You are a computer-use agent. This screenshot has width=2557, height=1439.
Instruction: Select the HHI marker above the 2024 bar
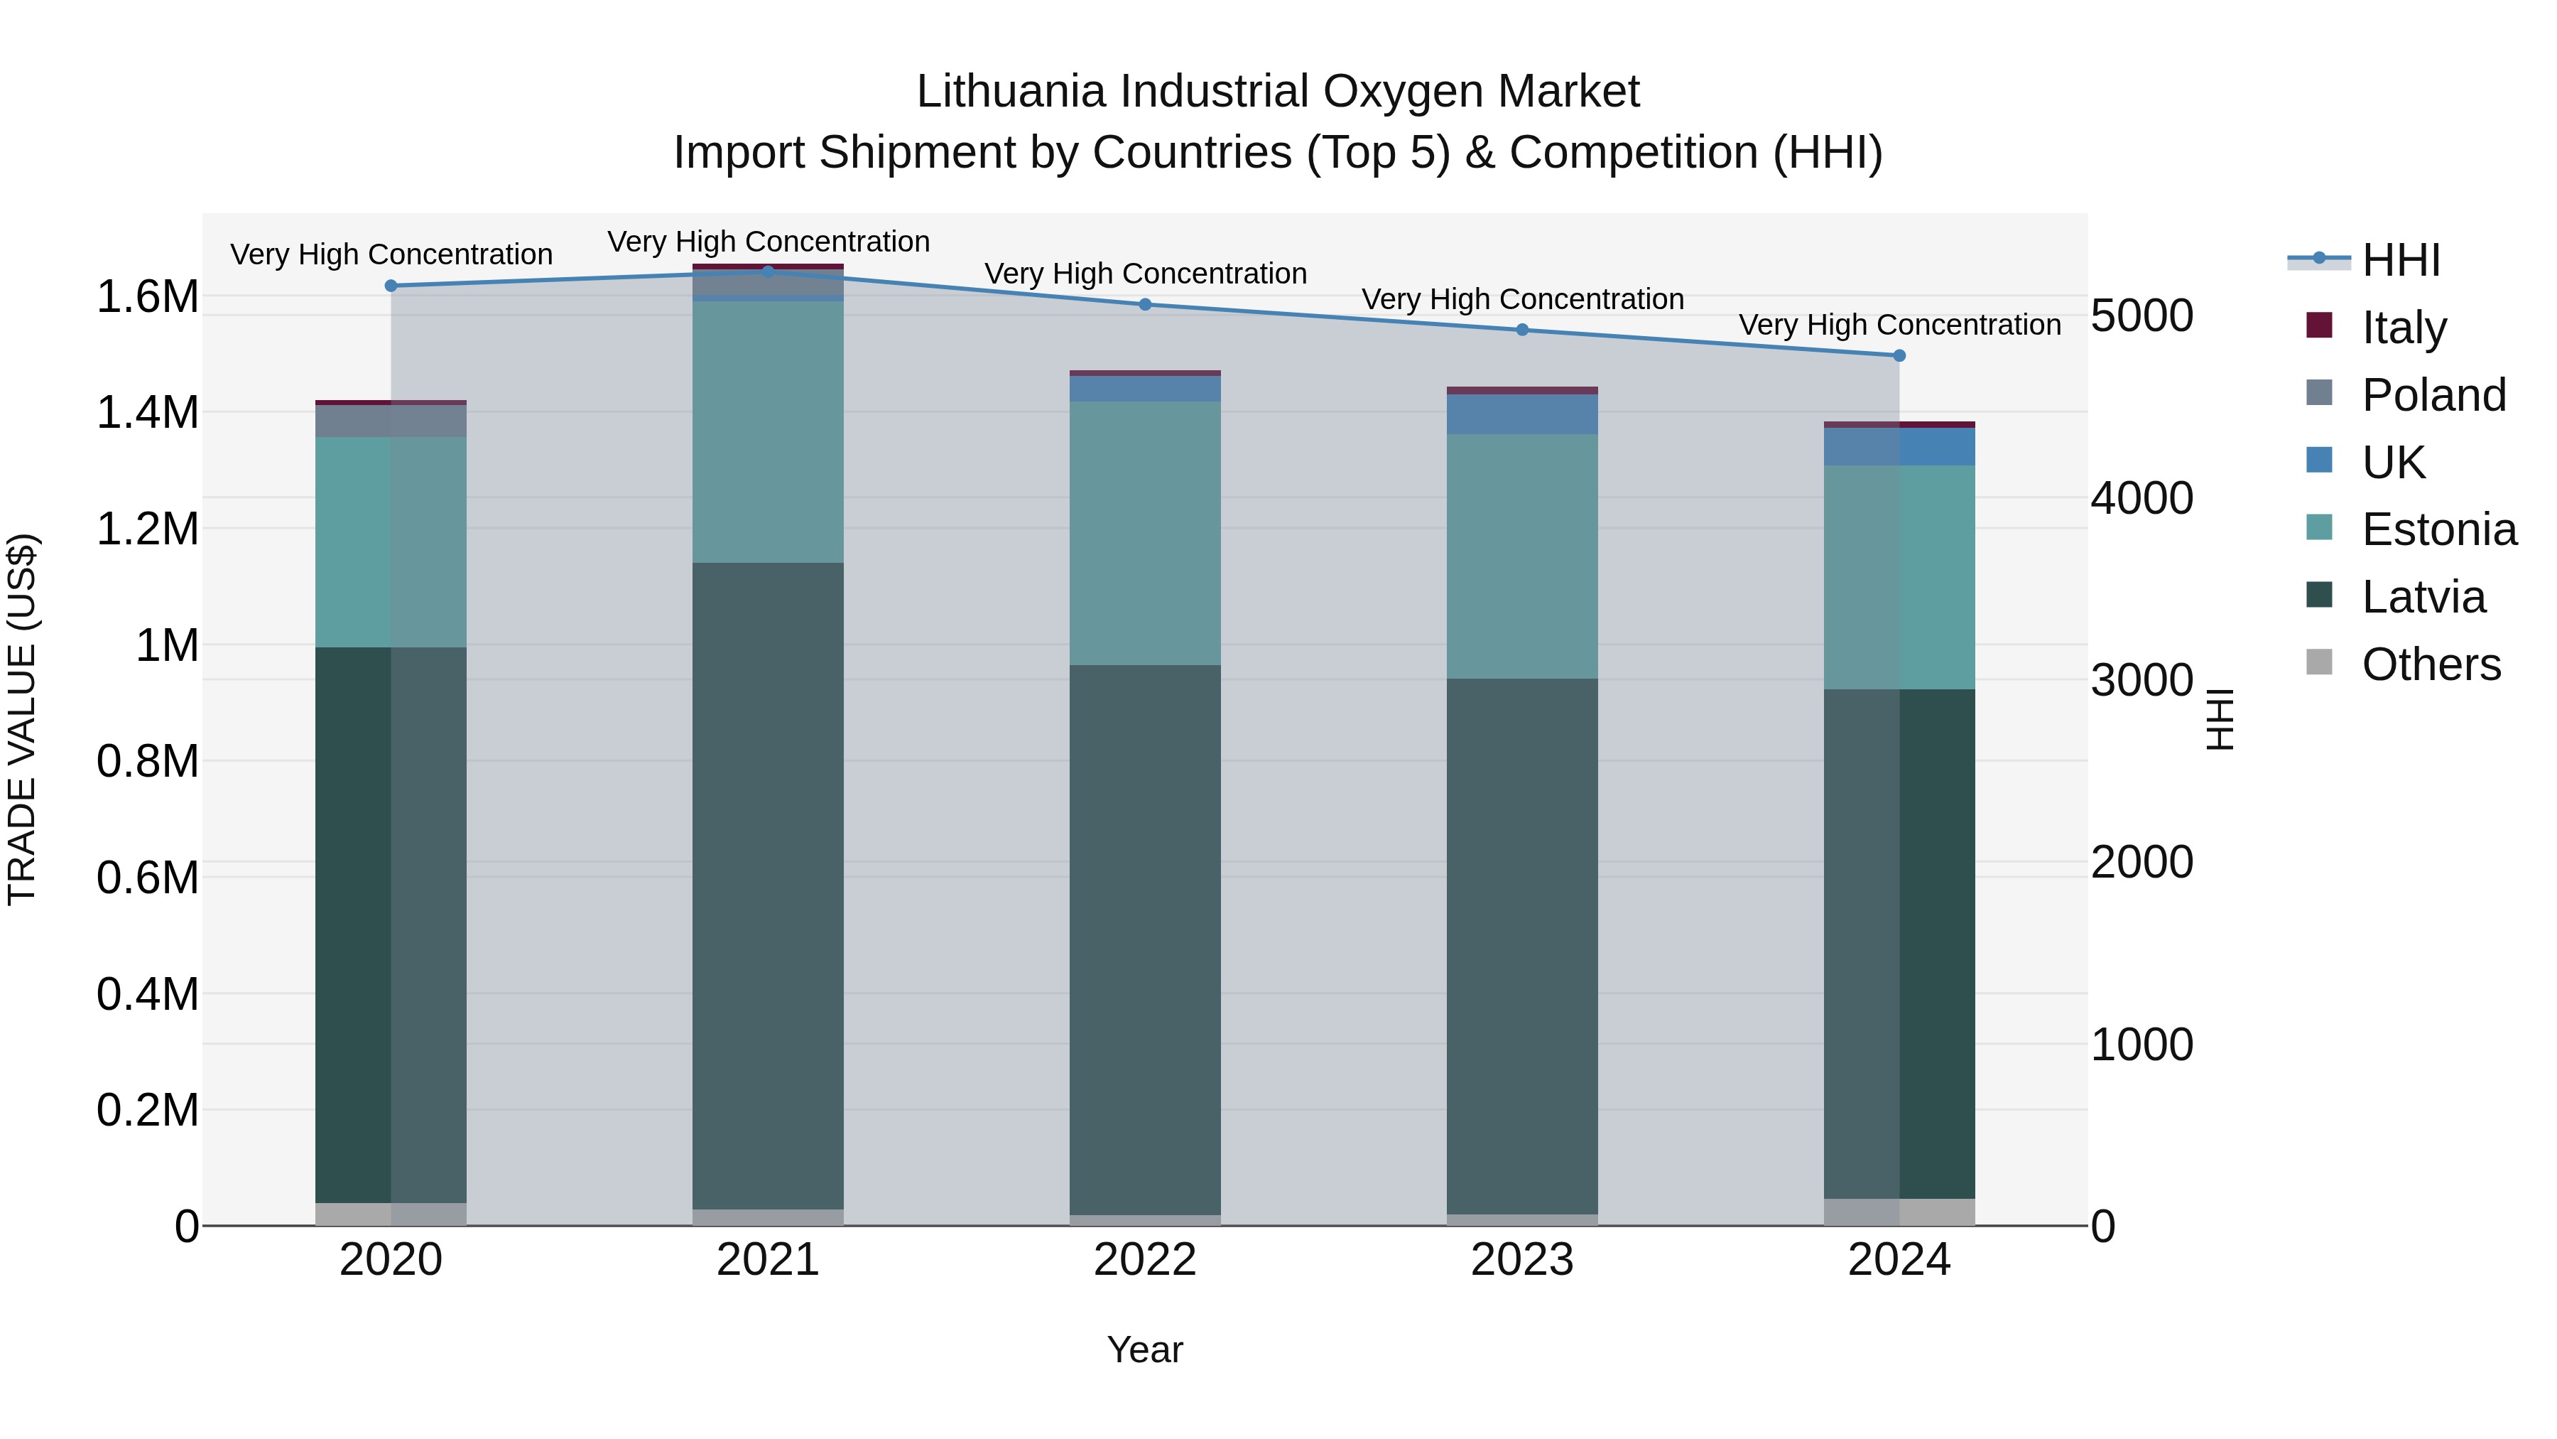point(1899,355)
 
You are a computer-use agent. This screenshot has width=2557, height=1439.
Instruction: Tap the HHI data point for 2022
point(1144,305)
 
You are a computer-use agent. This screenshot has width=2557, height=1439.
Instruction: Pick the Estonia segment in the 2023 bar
point(1521,556)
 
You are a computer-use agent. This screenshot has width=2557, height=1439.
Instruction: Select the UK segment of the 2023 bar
point(1521,414)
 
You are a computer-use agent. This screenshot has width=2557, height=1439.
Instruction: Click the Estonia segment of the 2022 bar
point(1144,533)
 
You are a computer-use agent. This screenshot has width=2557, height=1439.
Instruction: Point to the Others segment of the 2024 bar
point(1899,1212)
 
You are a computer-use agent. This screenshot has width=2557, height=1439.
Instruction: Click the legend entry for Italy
point(2403,327)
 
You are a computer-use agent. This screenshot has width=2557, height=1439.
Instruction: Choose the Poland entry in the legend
point(2433,394)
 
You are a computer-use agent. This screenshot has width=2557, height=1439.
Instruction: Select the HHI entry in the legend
point(2400,259)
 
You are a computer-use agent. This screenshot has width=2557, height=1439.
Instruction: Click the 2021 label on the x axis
point(767,1260)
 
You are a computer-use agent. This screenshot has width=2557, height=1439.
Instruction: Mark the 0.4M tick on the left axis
point(147,994)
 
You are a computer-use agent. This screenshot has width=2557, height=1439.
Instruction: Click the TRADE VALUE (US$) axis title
point(22,719)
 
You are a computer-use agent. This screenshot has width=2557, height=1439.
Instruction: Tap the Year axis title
point(1144,1349)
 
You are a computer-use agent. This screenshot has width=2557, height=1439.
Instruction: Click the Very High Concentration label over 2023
point(1521,299)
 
